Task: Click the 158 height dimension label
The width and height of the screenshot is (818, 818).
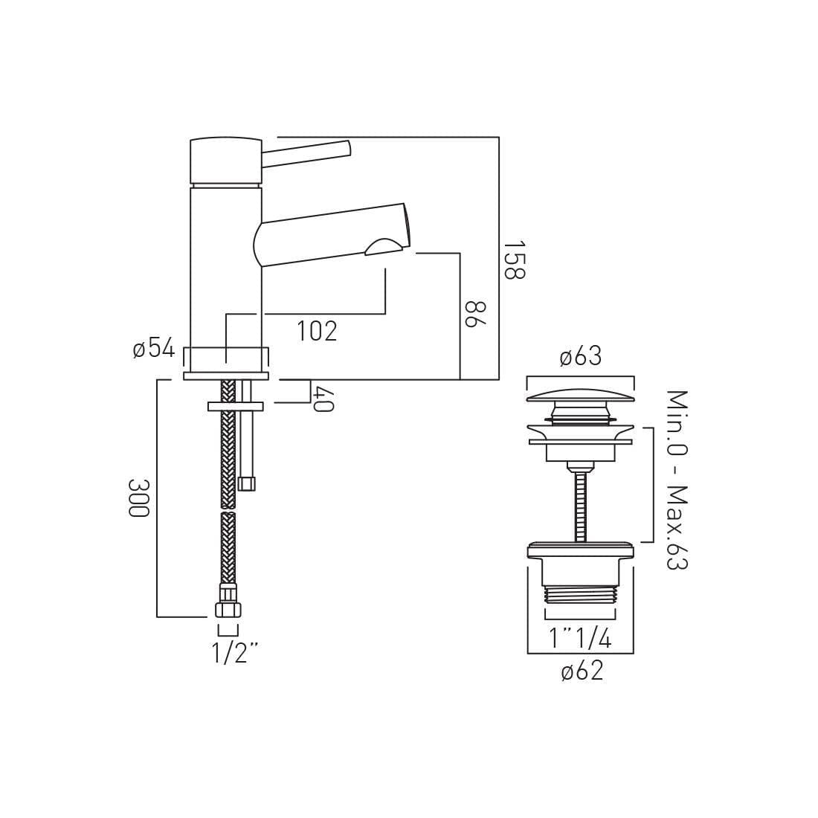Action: [515, 260]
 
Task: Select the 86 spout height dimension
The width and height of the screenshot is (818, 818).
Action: [475, 314]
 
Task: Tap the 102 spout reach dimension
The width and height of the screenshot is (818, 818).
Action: [318, 330]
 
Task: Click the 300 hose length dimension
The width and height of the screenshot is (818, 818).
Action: [139, 497]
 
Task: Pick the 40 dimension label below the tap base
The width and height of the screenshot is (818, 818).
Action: [323, 399]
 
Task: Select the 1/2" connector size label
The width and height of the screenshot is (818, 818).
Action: [235, 652]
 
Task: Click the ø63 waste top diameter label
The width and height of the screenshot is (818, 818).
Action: [581, 357]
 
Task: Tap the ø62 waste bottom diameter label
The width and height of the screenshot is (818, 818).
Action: [582, 670]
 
